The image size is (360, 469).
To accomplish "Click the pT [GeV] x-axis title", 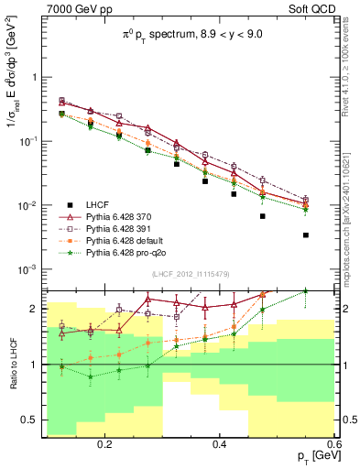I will tap(313, 457).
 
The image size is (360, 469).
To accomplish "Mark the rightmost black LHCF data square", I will tap(305, 235).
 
